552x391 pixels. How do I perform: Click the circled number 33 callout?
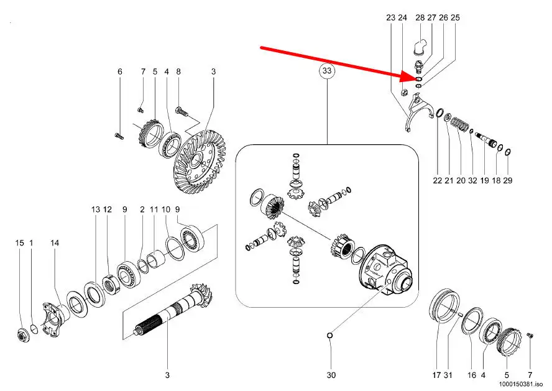pyautogui.click(x=327, y=71)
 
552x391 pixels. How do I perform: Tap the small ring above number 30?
pyautogui.click(x=330, y=336)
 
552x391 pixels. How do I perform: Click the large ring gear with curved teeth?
pyautogui.click(x=201, y=162)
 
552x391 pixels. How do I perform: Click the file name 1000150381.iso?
pyautogui.click(x=523, y=384)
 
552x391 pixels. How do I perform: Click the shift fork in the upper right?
pyautogui.click(x=418, y=113)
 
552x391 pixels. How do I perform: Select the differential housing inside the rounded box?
pyautogui.click(x=385, y=269)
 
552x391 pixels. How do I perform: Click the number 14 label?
pyautogui.click(x=55, y=243)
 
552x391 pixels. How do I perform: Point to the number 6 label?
pyautogui.click(x=120, y=71)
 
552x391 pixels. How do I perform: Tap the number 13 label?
pyautogui.click(x=95, y=209)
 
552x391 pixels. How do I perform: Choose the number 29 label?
pyautogui.click(x=507, y=180)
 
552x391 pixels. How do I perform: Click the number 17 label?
pyautogui.click(x=436, y=375)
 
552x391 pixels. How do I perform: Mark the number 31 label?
pyautogui.click(x=448, y=375)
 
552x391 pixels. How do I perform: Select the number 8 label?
pyautogui.click(x=178, y=71)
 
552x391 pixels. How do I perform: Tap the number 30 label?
pyautogui.click(x=331, y=375)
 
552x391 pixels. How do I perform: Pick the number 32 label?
pyautogui.click(x=472, y=180)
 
